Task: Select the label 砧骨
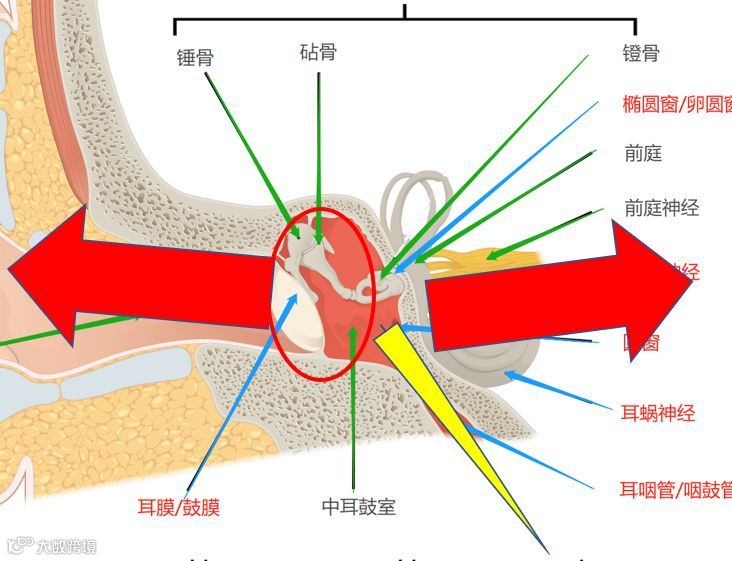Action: pyautogui.click(x=318, y=51)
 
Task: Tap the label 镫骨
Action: pyautogui.click(x=641, y=53)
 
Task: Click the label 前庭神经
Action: pyautogui.click(x=661, y=208)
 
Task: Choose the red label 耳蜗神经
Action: pyautogui.click(x=658, y=413)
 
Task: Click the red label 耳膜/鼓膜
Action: pyautogui.click(x=178, y=506)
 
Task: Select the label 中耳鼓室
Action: pyautogui.click(x=359, y=507)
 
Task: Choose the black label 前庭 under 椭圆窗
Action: pyautogui.click(x=643, y=154)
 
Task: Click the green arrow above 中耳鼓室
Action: pyautogui.click(x=354, y=400)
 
